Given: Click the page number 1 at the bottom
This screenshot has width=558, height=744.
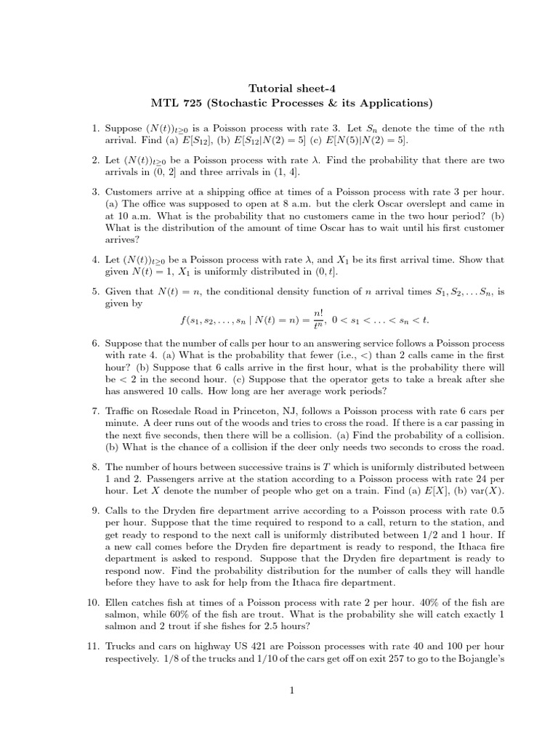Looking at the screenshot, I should [x=291, y=692].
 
